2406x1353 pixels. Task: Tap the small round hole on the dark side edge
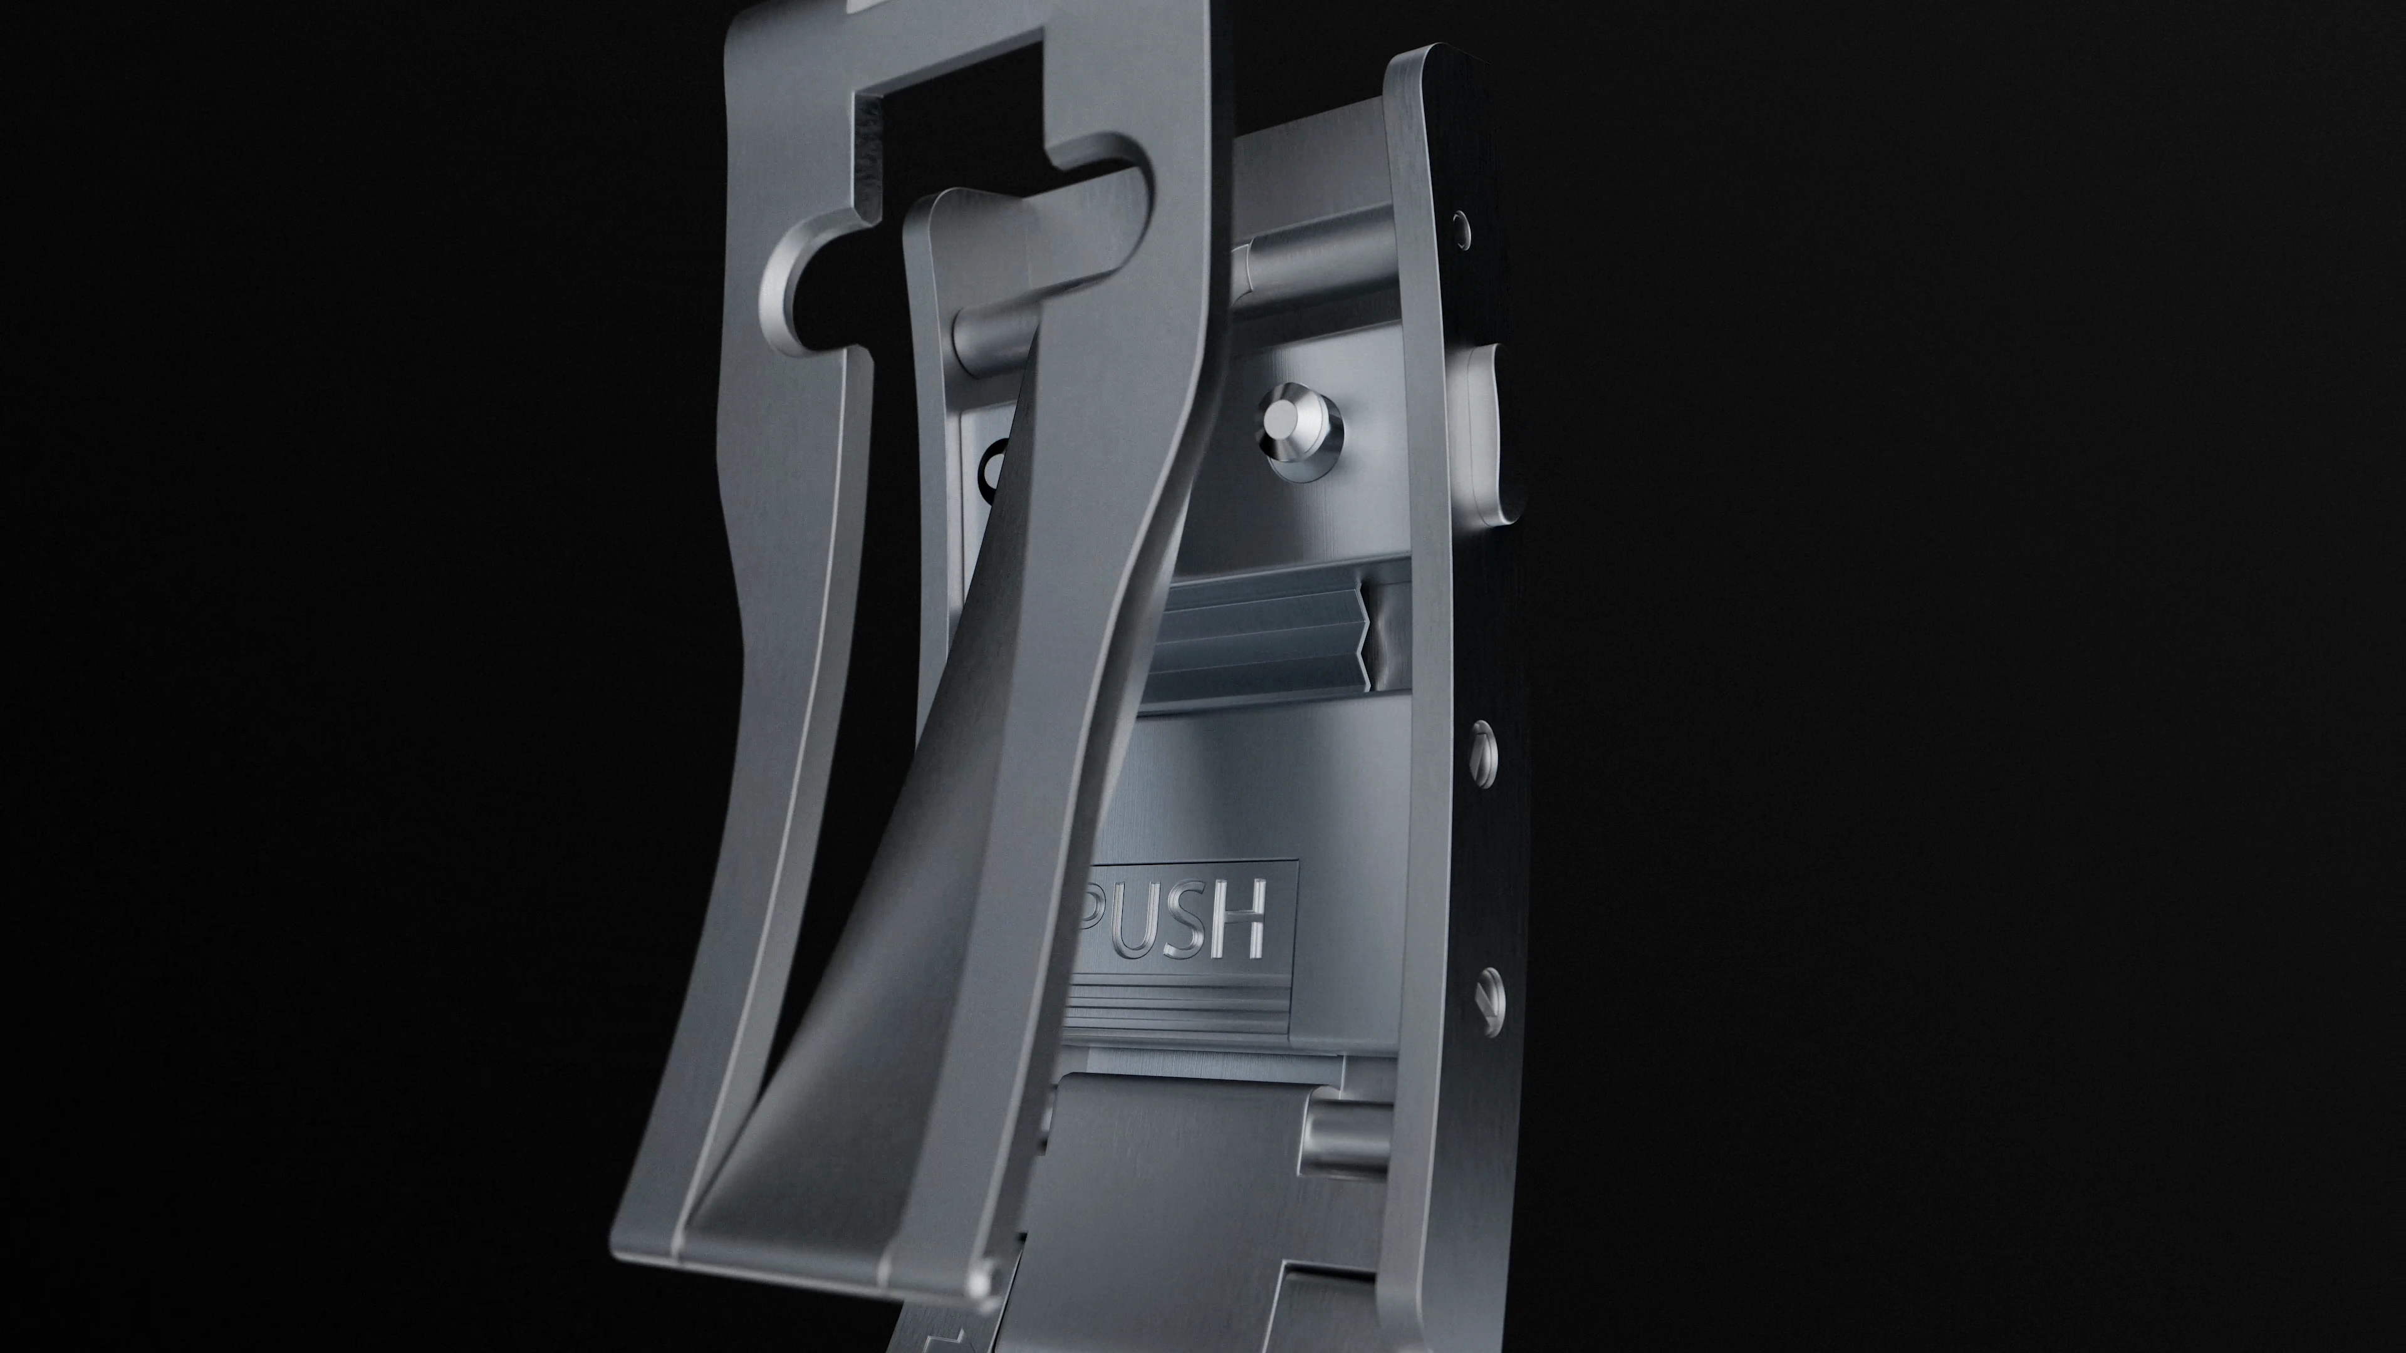(1460, 224)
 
